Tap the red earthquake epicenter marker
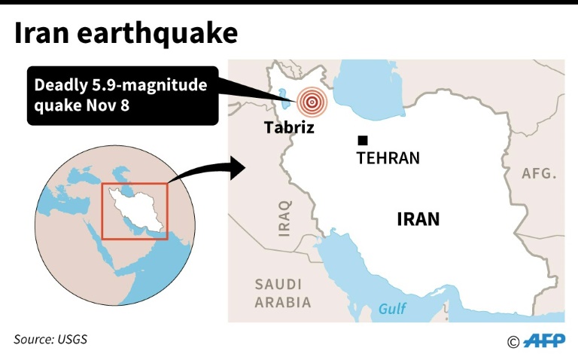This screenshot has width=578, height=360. [x=312, y=102]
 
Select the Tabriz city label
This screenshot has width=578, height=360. [x=287, y=128]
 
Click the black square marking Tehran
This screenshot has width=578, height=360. [x=363, y=140]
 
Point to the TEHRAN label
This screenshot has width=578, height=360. [x=388, y=159]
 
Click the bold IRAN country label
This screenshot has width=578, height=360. [x=418, y=219]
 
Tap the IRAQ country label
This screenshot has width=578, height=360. [x=284, y=218]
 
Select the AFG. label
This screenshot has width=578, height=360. [x=540, y=174]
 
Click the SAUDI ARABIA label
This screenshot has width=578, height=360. [x=282, y=294]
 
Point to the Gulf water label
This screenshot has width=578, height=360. [x=392, y=309]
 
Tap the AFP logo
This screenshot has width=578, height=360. [x=543, y=341]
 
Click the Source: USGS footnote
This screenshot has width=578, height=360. [x=50, y=339]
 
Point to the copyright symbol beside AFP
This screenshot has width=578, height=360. [x=513, y=342]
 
